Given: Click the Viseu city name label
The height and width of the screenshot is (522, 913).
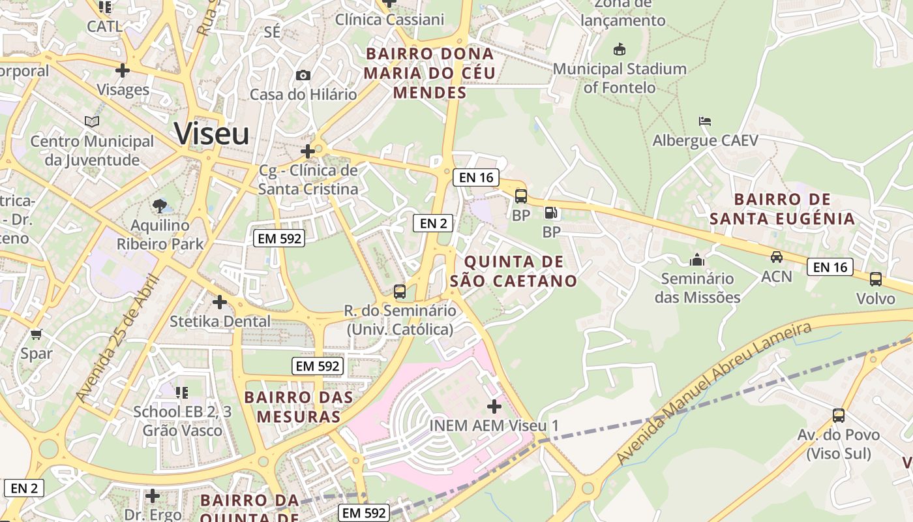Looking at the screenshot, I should pyautogui.click(x=212, y=134).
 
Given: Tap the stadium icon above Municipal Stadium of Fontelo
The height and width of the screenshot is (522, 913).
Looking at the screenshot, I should pyautogui.click(x=619, y=50).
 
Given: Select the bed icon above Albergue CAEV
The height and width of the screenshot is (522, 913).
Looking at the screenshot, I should pyautogui.click(x=704, y=121).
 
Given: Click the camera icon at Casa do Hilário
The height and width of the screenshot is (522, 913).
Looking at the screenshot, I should pyautogui.click(x=303, y=76).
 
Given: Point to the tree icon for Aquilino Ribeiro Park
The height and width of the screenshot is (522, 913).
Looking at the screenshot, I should pyautogui.click(x=159, y=207).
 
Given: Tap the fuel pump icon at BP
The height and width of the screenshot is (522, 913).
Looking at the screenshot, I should pyautogui.click(x=551, y=213).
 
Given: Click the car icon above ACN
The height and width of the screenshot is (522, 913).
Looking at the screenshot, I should pyautogui.click(x=776, y=257).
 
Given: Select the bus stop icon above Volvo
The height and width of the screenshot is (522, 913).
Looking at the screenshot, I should pyautogui.click(x=875, y=279).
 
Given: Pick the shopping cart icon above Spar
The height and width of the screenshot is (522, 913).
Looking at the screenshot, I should pyautogui.click(x=36, y=334).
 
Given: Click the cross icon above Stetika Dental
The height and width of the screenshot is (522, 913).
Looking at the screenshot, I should pyautogui.click(x=220, y=302).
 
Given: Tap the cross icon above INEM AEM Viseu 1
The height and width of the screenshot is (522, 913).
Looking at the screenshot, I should pyautogui.click(x=494, y=407).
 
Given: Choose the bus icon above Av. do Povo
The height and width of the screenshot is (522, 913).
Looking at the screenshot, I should pyautogui.click(x=839, y=415).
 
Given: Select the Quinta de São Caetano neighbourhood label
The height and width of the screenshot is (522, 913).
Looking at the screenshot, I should pyautogui.click(x=513, y=271).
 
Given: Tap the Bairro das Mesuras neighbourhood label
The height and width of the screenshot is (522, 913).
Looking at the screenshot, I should pyautogui.click(x=299, y=407).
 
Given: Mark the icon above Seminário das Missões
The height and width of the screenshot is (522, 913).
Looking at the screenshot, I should pyautogui.click(x=697, y=260).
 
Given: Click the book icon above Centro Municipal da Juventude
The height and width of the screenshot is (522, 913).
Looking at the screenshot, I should pyautogui.click(x=92, y=122).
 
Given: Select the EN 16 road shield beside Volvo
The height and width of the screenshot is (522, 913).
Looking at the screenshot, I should pyautogui.click(x=830, y=267).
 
